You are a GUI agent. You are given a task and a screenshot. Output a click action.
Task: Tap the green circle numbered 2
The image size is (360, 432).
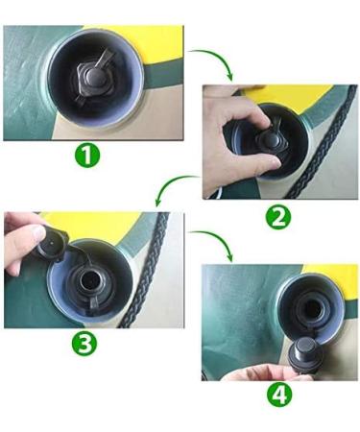click(x=277, y=217)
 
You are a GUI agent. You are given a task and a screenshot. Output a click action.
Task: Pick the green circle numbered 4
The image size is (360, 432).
click(x=278, y=394)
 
